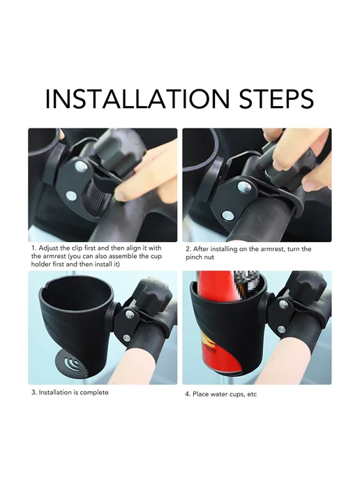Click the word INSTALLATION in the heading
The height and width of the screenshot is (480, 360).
pos(137,99)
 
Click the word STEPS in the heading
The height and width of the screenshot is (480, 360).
pos(276,99)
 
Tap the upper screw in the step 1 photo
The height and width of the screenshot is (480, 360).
pos(81,166)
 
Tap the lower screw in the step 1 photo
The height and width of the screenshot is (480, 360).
pos(71,195)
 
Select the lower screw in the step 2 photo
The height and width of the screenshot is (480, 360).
pos(227,216)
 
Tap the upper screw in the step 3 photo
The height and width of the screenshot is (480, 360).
pos(130,313)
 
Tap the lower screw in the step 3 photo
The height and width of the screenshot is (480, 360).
pos(126,338)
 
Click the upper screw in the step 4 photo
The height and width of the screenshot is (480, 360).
pos(284,304)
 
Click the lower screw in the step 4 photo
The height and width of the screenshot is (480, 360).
pos(281,330)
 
